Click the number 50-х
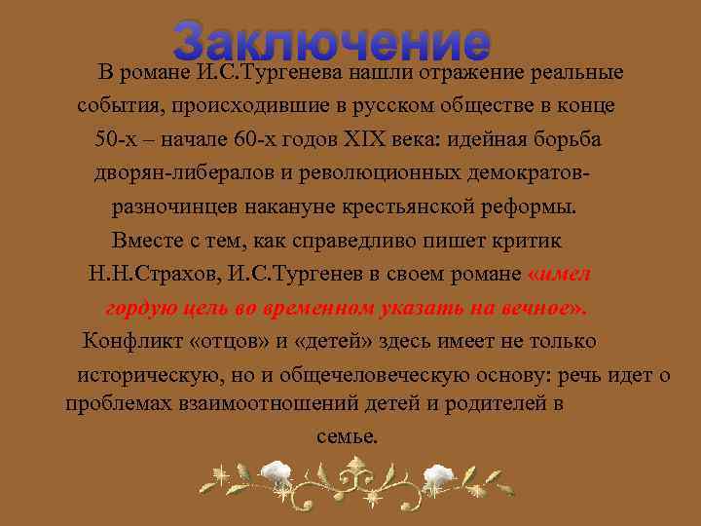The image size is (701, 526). tap(117, 138)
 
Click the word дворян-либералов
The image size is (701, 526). tap(174, 172)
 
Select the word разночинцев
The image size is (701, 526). tap(173, 207)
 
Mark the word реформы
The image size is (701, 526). tap(535, 207)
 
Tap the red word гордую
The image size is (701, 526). tap(136, 308)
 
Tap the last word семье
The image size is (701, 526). tap(348, 435)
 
